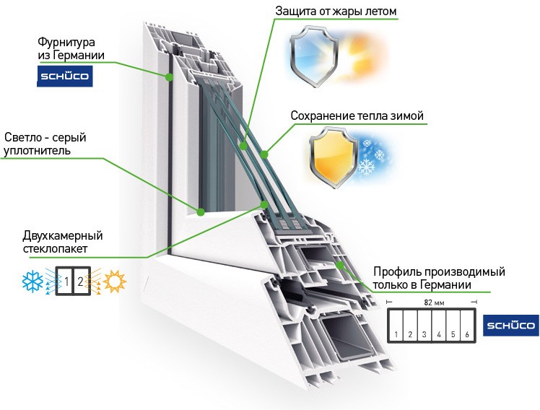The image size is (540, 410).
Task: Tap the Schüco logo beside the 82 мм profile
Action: [510, 326]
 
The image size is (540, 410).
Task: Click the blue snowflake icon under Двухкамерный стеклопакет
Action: [32, 281]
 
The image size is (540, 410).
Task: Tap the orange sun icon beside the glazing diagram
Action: [114, 281]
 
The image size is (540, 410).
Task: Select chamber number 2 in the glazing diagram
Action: [80, 281]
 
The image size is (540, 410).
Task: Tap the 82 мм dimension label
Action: [432, 304]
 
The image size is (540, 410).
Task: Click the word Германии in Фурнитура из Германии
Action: [81, 56]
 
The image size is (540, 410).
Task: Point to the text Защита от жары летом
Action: [336, 12]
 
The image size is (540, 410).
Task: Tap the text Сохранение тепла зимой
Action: [357, 116]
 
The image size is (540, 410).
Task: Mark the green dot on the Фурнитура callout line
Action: [168, 77]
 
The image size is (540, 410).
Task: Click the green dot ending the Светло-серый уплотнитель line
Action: [201, 212]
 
